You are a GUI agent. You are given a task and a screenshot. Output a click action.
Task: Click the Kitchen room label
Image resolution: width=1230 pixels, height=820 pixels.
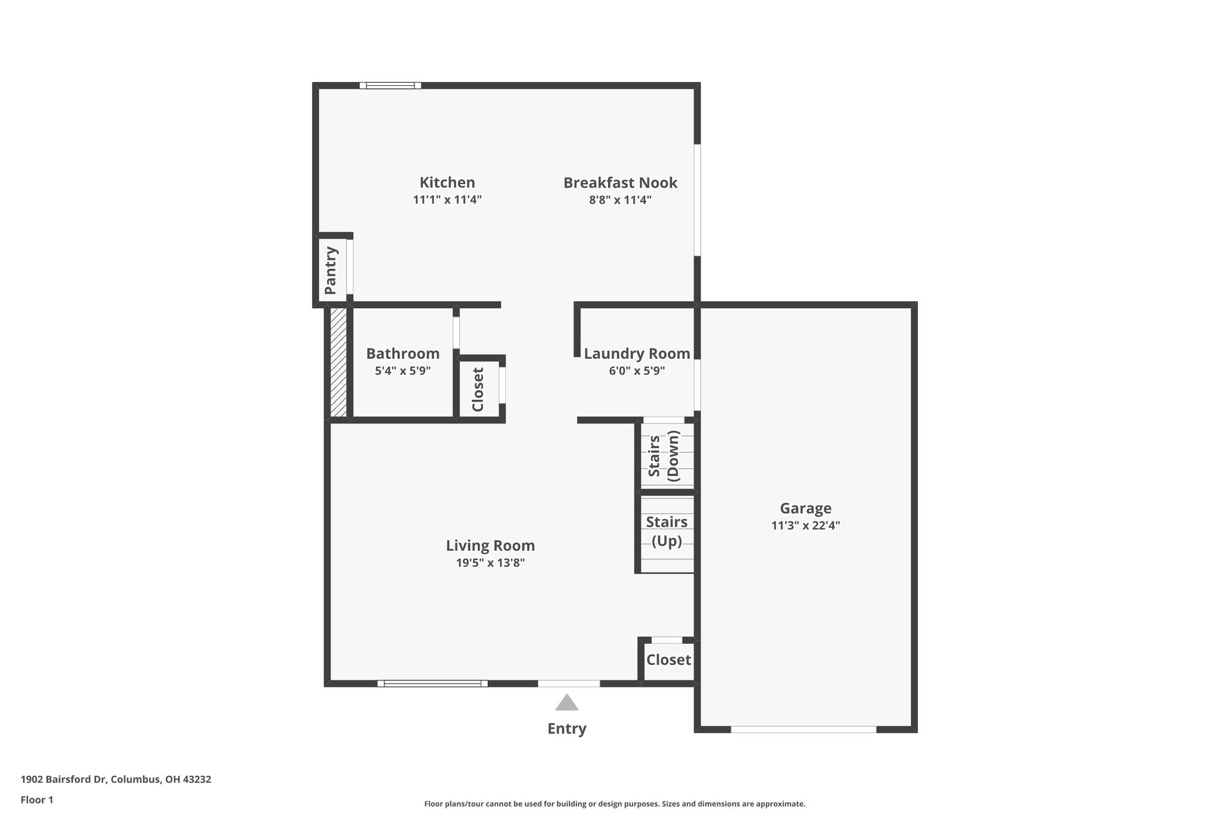tap(447, 183)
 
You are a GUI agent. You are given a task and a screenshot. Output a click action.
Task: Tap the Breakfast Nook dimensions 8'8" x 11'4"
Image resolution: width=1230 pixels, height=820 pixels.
tap(620, 200)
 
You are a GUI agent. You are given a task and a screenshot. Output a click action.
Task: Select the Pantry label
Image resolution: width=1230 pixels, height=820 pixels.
tap(331, 270)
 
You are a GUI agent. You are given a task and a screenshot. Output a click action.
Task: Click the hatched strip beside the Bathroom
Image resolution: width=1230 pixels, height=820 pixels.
tap(338, 362)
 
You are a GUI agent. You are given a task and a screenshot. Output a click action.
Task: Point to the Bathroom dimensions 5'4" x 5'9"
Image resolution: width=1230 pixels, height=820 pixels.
tap(402, 371)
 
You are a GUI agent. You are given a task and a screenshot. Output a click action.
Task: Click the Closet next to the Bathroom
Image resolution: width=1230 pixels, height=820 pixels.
tap(478, 389)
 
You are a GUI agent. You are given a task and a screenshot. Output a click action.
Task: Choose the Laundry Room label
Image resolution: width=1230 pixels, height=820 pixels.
tap(637, 354)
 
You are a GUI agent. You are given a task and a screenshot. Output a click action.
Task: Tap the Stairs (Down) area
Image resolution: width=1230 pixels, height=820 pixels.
tap(664, 455)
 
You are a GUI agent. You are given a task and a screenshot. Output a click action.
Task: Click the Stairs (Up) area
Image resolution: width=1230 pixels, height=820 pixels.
tap(666, 532)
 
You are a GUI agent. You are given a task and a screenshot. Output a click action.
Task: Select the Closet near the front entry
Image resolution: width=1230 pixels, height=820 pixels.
tap(668, 660)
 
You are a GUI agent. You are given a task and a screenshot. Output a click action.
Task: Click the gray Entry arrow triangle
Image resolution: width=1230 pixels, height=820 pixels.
tap(567, 703)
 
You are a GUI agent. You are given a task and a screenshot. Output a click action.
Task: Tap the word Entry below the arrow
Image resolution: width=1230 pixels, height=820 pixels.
tap(567, 728)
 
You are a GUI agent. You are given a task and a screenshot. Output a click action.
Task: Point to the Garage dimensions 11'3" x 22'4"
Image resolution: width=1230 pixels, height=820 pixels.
tap(805, 526)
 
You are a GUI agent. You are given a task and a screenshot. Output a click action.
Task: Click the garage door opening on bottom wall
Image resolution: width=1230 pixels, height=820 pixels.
tap(803, 729)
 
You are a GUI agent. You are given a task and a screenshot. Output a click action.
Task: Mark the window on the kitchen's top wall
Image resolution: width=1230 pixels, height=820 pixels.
tap(389, 85)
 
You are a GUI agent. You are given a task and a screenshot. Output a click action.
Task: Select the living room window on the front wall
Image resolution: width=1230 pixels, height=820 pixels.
tap(432, 684)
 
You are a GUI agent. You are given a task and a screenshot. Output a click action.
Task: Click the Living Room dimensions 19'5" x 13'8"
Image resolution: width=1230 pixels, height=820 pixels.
tap(490, 563)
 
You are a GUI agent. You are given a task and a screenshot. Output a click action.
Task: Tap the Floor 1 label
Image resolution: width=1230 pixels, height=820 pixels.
tap(37, 799)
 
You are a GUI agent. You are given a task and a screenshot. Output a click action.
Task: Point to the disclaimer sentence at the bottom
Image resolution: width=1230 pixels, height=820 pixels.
tap(614, 804)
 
